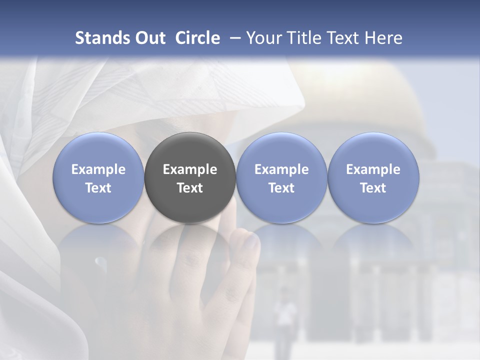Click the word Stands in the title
(100, 38)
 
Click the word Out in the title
(148, 38)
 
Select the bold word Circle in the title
(197, 38)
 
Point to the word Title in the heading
(303, 38)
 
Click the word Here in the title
(383, 38)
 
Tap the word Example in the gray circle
(190, 169)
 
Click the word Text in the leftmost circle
(98, 188)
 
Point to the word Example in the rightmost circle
(373, 169)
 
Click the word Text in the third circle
(281, 188)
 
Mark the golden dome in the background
(380, 100)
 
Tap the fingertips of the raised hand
(250, 240)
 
